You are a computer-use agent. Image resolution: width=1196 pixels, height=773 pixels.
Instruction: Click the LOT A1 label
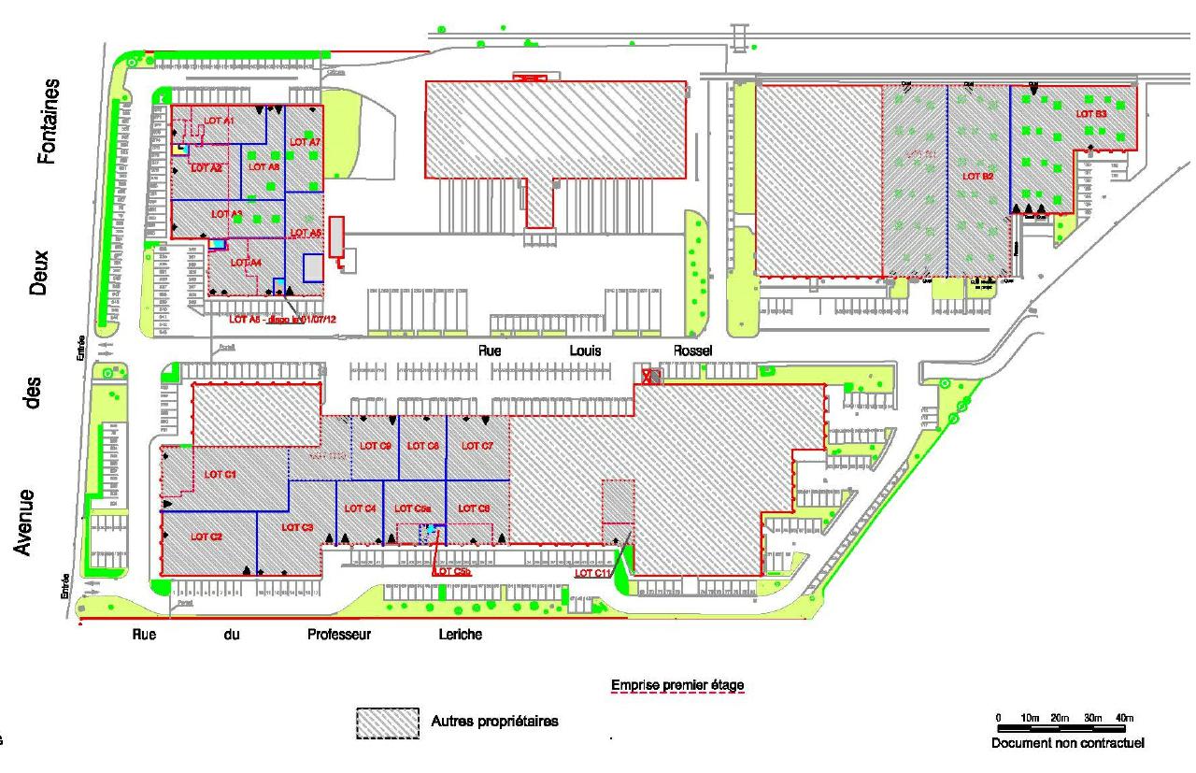click(x=221, y=122)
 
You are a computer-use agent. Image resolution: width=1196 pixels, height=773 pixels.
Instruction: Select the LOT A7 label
click(x=306, y=141)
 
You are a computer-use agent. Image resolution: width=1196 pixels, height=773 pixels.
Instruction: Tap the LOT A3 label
click(x=227, y=214)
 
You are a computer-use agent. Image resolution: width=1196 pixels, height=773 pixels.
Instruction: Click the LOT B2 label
click(x=977, y=176)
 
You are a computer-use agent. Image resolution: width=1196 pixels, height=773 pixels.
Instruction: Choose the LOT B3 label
click(x=1091, y=113)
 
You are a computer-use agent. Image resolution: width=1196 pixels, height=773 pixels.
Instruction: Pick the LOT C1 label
click(x=221, y=474)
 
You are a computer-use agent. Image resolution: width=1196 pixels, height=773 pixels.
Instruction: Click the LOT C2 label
click(x=206, y=537)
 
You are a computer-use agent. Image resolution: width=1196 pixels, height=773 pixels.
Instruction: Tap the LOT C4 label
click(x=360, y=508)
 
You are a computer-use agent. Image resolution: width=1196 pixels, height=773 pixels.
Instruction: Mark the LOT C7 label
click(x=477, y=446)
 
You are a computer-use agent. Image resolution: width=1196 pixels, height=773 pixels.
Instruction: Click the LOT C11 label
click(x=592, y=573)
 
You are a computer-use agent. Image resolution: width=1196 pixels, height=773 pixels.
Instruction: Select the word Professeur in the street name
click(x=340, y=635)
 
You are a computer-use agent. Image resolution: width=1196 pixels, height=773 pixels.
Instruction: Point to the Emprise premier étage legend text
click(x=677, y=686)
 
